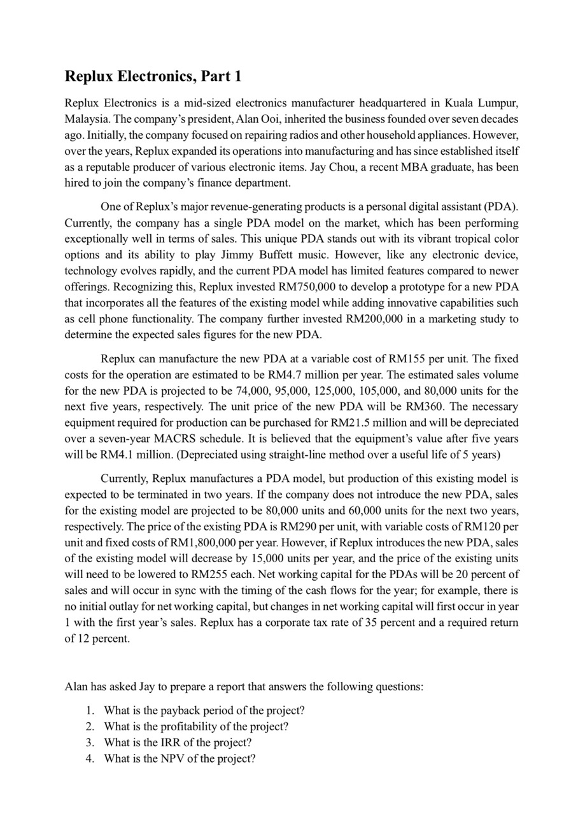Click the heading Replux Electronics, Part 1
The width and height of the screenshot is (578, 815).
(153, 77)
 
